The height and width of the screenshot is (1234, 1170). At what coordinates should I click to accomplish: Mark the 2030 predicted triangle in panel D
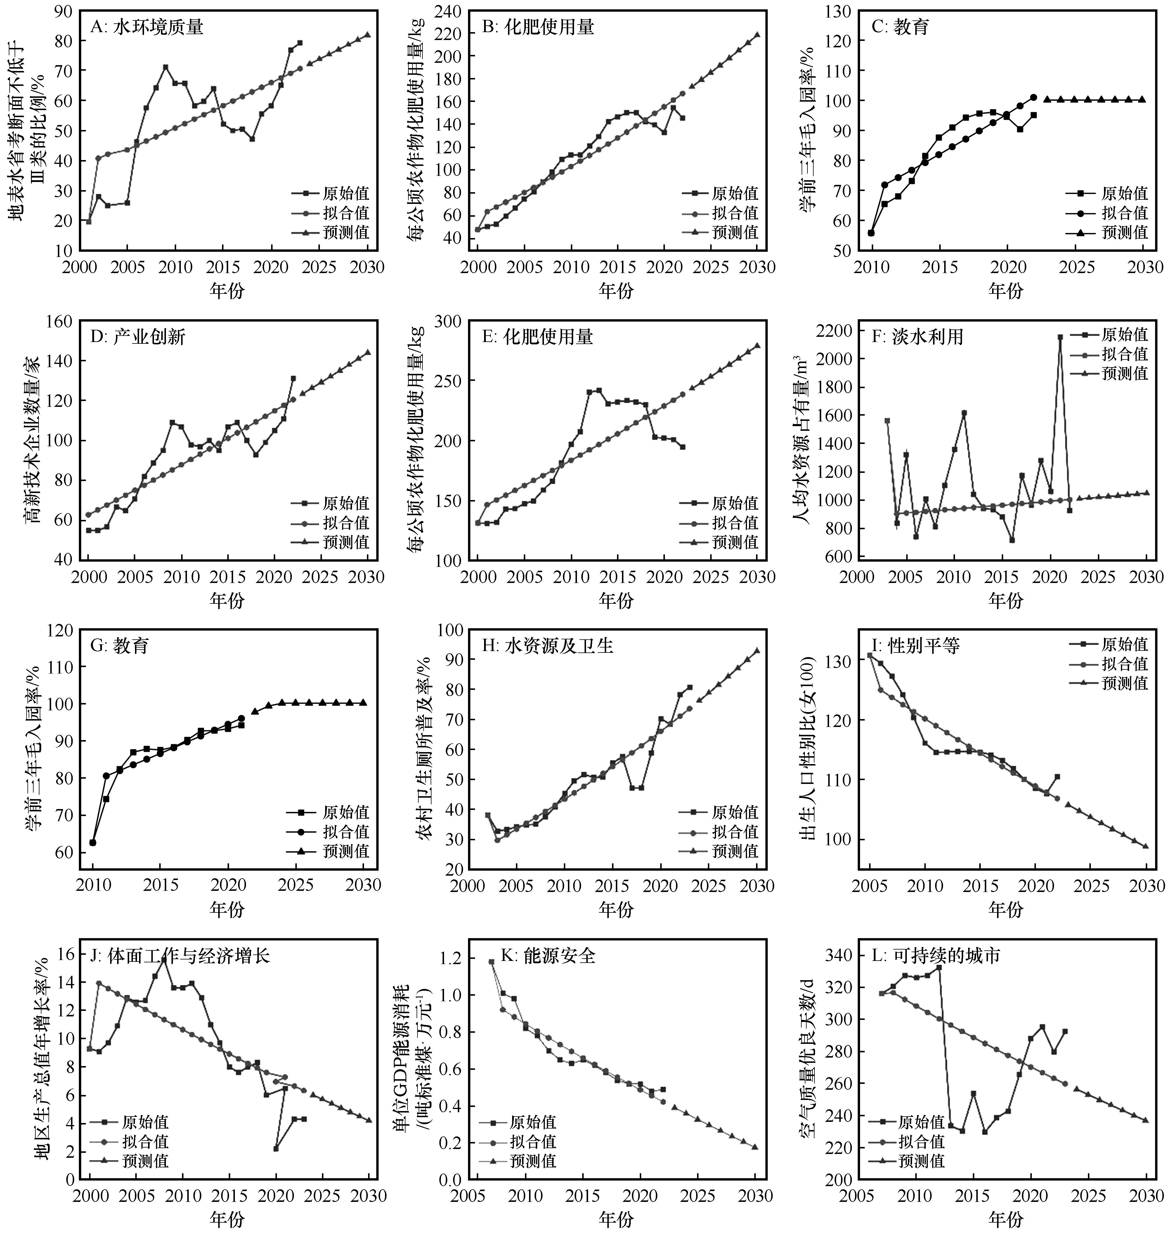point(368,352)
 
